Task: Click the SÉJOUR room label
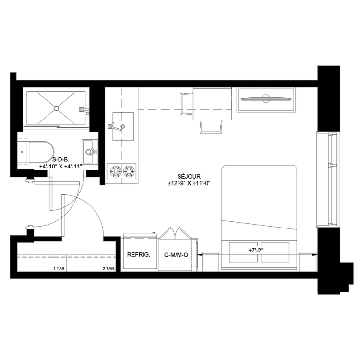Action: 189,176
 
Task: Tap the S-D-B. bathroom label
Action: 61,160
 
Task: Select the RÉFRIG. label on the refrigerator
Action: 139,255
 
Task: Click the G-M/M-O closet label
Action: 176,255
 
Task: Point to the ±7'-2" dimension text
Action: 255,251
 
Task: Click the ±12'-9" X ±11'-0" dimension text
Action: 189,183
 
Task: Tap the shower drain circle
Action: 56,108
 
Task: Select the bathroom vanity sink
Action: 90,151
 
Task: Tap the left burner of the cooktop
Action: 116,171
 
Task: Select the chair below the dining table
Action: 211,127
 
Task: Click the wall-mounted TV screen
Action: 266,99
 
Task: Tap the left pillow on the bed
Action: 244,252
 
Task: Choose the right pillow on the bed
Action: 275,252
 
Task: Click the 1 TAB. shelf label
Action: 60,268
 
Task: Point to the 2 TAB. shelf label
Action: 108,268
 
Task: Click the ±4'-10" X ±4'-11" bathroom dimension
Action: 60,167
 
